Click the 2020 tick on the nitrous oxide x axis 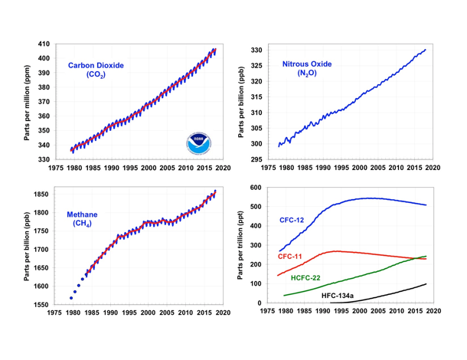coord(432,168)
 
